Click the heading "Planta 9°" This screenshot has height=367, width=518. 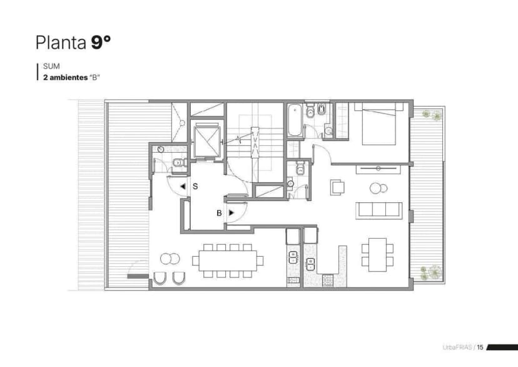(73, 43)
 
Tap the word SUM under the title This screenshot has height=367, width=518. (50, 66)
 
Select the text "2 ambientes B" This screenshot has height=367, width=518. (72, 76)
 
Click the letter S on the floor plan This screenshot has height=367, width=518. (195, 186)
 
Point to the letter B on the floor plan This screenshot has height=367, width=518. (219, 213)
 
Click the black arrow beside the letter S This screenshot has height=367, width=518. (182, 186)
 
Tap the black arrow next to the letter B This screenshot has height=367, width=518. (231, 213)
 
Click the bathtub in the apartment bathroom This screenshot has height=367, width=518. (295, 121)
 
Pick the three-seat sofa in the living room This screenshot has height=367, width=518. (378, 210)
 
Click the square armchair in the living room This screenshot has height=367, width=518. (338, 187)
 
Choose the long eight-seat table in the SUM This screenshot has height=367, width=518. (228, 260)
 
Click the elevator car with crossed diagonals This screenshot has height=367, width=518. (208, 140)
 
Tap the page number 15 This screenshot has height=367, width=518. (480, 347)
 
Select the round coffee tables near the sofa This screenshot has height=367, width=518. (378, 187)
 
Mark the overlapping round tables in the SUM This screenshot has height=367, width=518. (170, 258)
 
